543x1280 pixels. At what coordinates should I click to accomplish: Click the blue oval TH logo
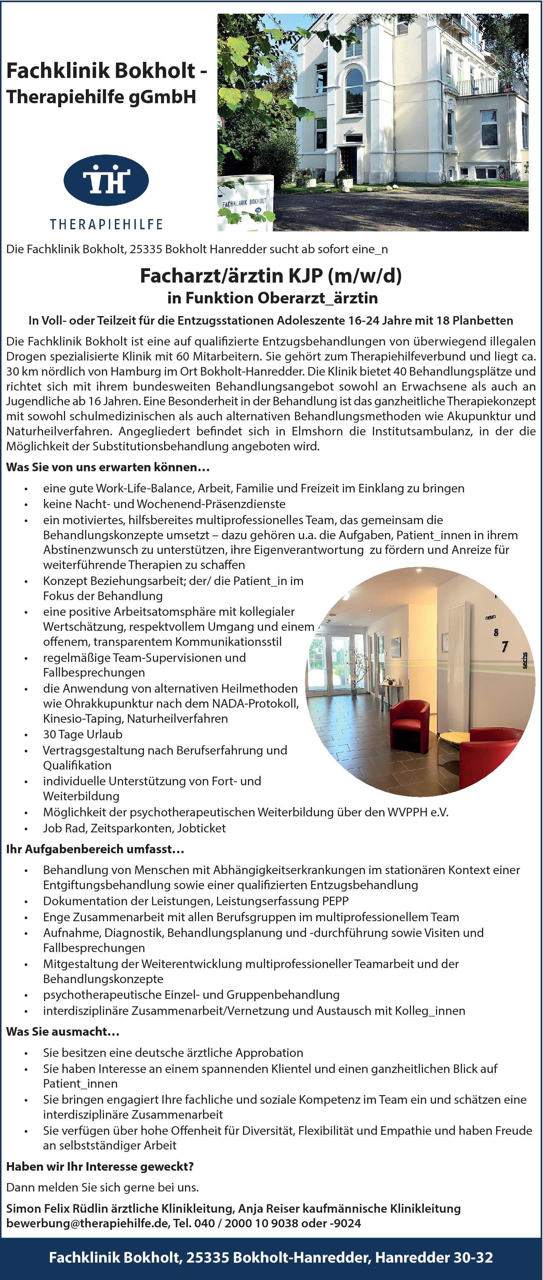click(106, 180)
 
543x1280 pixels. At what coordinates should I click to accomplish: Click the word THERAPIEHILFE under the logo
click(106, 224)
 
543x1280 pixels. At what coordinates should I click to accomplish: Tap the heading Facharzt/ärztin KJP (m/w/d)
click(271, 276)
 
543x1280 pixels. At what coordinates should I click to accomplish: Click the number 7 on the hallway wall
click(505, 646)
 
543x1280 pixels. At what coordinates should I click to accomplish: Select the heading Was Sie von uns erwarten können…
click(108, 467)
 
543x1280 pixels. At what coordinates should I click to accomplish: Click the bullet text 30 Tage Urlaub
click(82, 734)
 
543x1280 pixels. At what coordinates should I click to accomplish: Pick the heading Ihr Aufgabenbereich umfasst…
click(95, 849)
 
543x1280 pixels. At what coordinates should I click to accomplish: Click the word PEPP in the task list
click(335, 901)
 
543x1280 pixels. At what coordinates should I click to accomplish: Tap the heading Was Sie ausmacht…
click(63, 1032)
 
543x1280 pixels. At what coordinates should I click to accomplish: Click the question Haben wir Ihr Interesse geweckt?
click(100, 1167)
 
